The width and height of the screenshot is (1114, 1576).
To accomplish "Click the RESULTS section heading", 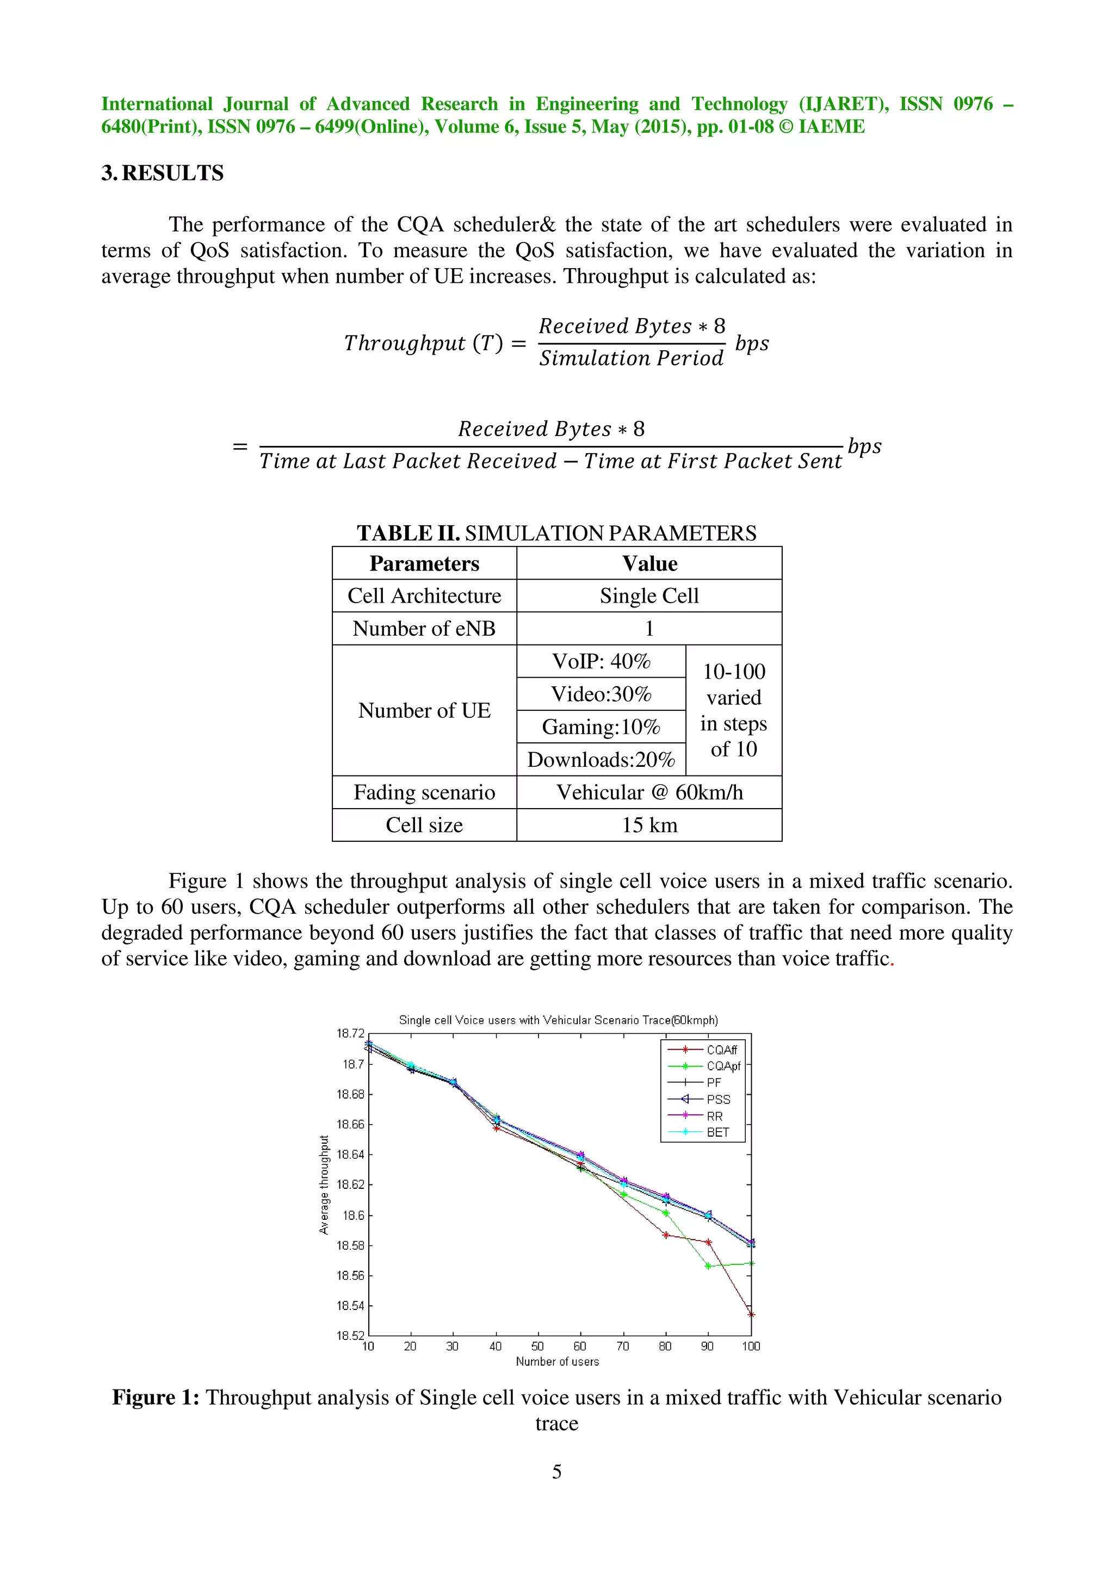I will (x=163, y=173).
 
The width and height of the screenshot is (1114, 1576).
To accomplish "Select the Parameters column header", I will (x=424, y=563).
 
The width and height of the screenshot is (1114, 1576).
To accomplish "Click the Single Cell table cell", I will (x=648, y=596).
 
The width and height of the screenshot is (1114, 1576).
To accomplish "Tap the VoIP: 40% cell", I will (x=601, y=661).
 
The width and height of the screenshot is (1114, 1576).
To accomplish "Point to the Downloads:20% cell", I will (x=601, y=760).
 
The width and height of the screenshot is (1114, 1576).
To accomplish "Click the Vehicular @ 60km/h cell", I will (x=648, y=793).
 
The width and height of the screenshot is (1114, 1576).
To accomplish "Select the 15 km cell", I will (x=648, y=825).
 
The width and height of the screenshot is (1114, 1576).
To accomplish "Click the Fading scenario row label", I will (x=424, y=793).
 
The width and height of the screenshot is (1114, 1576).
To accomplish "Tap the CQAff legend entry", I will (x=721, y=1050).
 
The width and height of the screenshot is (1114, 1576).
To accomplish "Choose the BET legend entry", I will (x=717, y=1132).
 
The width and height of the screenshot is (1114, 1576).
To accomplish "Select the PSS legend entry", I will (x=718, y=1099).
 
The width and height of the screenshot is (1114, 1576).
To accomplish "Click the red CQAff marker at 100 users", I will (x=751, y=1314).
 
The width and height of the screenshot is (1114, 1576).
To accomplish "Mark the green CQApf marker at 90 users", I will (x=708, y=1265).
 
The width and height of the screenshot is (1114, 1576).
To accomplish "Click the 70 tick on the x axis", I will (x=623, y=1346).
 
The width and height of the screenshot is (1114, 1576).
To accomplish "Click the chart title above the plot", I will (x=558, y=1020).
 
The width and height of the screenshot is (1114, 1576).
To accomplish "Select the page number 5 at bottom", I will (x=556, y=1471).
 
